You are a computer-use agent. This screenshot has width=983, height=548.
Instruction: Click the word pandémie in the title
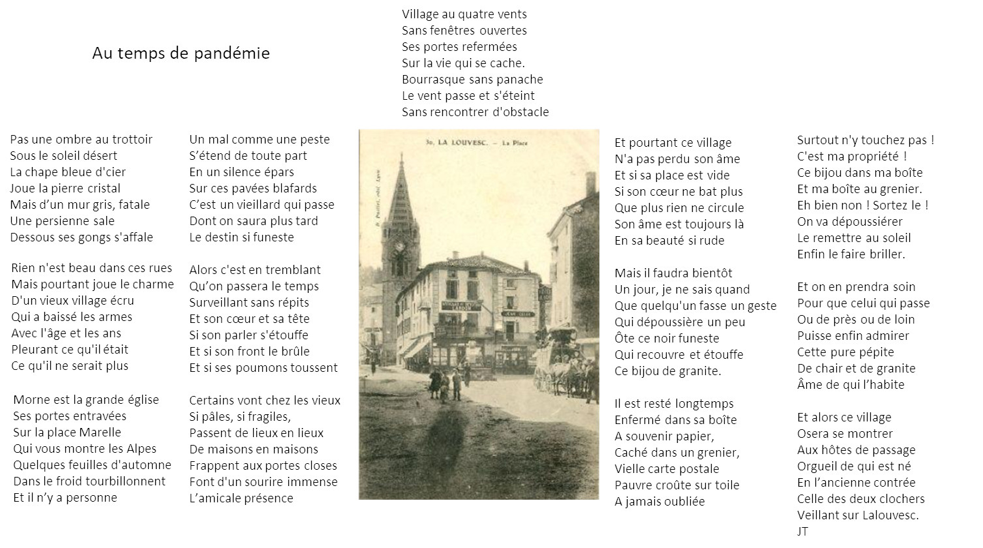click(x=232, y=53)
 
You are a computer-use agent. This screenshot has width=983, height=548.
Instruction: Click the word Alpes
click(x=142, y=449)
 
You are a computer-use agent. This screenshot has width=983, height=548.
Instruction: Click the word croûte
click(x=673, y=485)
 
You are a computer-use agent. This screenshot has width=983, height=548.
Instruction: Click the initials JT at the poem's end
click(x=802, y=531)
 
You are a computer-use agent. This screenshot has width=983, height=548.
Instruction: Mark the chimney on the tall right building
click(x=590, y=183)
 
